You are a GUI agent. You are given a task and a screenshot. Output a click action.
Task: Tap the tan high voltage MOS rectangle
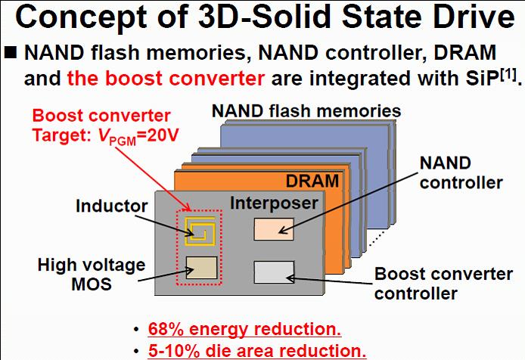(200, 268)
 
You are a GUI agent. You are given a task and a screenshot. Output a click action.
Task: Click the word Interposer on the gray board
(273, 202)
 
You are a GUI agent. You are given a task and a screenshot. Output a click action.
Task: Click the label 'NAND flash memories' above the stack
(306, 111)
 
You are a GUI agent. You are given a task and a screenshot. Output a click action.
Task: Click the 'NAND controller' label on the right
(461, 172)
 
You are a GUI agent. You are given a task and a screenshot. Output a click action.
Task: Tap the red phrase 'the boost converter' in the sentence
(166, 78)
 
